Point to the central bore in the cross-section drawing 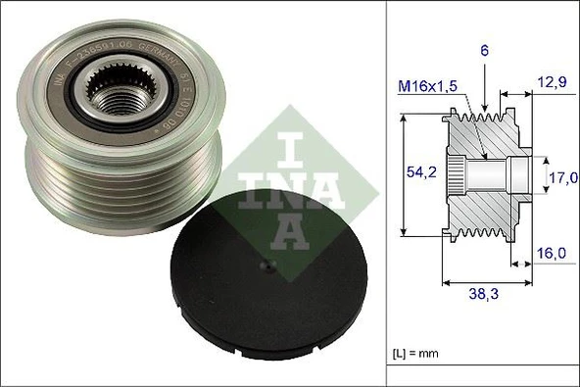pyautogui.click(x=495, y=176)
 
